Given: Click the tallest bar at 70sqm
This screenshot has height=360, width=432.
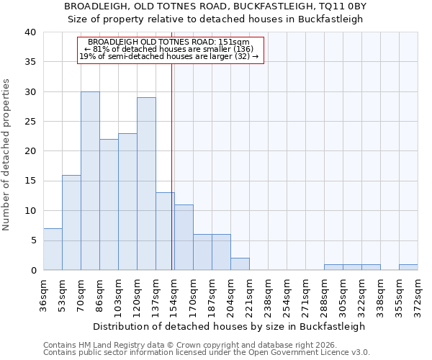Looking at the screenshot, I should [x=90, y=181].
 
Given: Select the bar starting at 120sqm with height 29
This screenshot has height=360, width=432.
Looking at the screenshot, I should [x=146, y=184].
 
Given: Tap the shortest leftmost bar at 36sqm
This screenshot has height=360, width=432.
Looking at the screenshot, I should [x=53, y=249].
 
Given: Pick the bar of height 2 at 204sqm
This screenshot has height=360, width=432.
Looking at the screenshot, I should [x=240, y=264].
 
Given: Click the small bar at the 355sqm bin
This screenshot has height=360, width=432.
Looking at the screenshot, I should [x=408, y=267].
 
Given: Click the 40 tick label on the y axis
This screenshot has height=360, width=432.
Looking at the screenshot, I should [x=30, y=32].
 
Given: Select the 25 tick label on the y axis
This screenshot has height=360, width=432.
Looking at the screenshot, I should [x=30, y=122].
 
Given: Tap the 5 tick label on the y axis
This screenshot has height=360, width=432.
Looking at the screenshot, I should [x=33, y=240].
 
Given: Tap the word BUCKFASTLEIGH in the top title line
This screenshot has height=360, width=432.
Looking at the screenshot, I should [x=261, y=6].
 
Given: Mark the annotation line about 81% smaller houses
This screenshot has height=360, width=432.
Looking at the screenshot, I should [x=169, y=49].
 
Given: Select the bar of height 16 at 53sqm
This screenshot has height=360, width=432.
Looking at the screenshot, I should [x=71, y=222].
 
